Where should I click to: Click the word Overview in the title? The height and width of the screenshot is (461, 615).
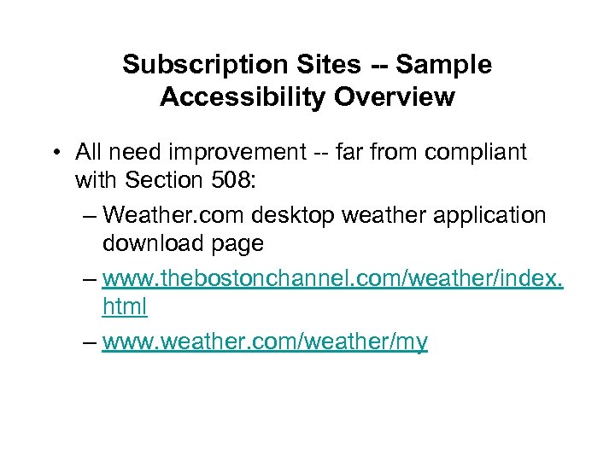point(395,97)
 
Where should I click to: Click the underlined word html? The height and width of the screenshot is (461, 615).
point(125,305)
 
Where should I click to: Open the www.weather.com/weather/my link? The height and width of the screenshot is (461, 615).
point(265,342)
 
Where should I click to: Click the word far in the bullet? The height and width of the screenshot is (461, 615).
point(373,153)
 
